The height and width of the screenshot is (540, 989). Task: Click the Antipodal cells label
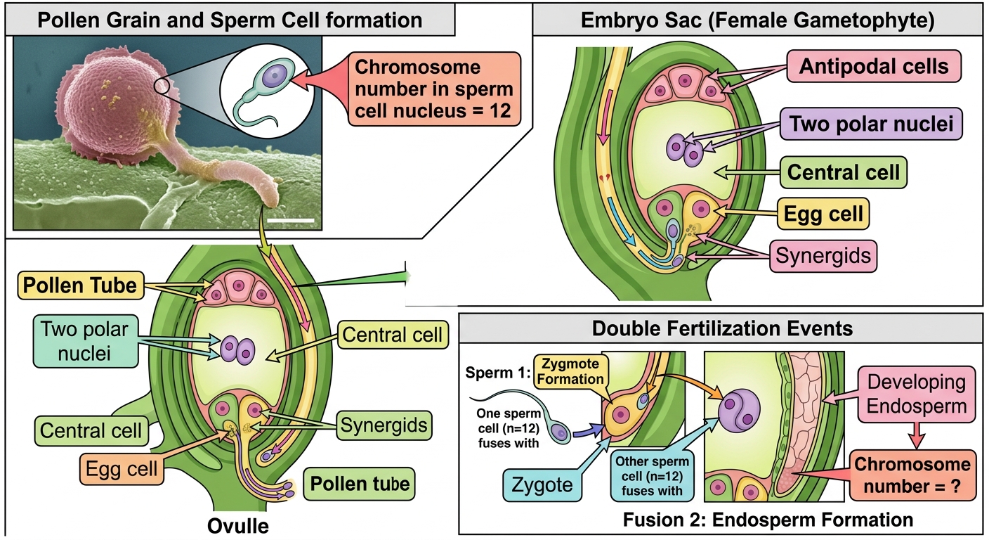(x=874, y=66)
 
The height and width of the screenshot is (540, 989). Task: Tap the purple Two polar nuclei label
(x=871, y=124)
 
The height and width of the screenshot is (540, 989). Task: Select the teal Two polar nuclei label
(x=86, y=341)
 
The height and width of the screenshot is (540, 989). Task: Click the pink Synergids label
(x=823, y=255)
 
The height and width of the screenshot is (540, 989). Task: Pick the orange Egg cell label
(x=122, y=469)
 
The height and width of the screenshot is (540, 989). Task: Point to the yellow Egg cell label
(x=823, y=214)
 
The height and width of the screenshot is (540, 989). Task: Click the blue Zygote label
(x=542, y=484)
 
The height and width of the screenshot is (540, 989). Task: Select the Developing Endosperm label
(x=917, y=394)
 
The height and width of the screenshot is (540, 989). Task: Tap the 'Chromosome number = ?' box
(x=912, y=475)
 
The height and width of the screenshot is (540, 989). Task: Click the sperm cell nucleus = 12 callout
(x=434, y=89)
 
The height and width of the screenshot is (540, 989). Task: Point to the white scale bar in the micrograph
(x=291, y=220)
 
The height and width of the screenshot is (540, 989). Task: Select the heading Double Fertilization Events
(x=722, y=328)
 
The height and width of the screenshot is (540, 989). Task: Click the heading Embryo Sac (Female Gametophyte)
(x=758, y=20)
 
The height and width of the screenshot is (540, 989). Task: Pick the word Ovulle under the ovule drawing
(x=238, y=526)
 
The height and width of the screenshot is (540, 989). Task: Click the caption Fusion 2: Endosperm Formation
(x=768, y=520)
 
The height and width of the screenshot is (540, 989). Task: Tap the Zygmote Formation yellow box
(x=570, y=371)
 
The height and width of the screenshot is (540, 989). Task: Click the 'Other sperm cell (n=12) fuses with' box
(x=652, y=476)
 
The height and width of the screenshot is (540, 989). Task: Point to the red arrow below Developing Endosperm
(x=917, y=436)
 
